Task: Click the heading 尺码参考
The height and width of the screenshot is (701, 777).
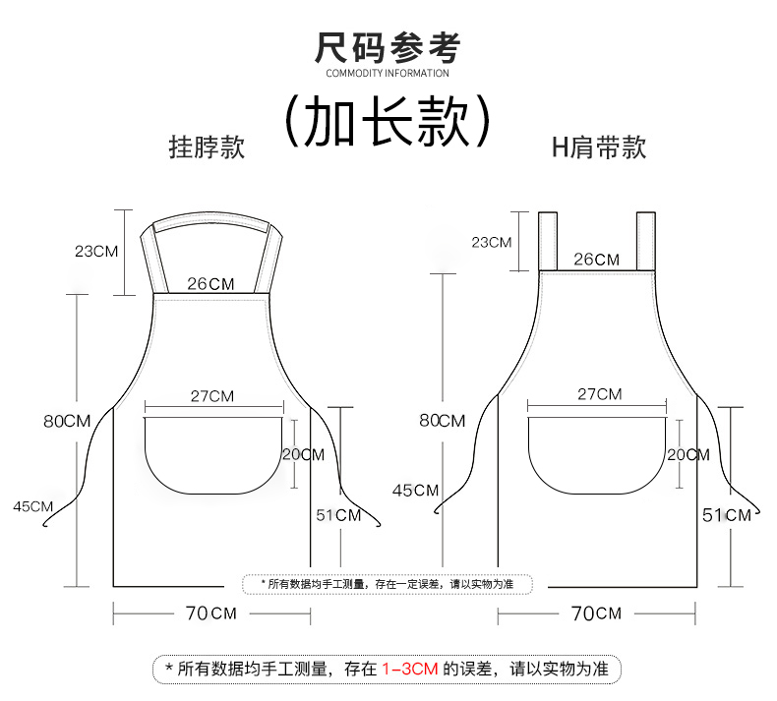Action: tap(387, 47)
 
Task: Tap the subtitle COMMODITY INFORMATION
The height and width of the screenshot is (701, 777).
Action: tap(387, 73)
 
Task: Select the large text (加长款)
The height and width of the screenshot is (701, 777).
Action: tap(387, 120)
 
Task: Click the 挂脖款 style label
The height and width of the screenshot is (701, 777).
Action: tap(207, 147)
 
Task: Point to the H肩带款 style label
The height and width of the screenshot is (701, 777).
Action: tap(598, 147)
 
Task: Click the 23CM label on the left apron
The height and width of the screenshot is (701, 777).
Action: tap(96, 251)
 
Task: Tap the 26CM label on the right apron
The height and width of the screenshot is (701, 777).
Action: tap(597, 260)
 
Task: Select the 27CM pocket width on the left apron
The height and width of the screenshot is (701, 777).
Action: tap(212, 396)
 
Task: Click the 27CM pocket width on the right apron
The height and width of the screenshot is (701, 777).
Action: tap(599, 394)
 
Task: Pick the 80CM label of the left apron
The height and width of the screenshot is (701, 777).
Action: tap(67, 421)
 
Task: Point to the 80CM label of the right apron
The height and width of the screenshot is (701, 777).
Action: tap(442, 421)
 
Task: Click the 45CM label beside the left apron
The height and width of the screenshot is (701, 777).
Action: tap(33, 506)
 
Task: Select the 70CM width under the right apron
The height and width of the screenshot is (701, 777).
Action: tap(596, 613)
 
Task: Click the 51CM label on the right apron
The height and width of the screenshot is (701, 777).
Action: tap(727, 514)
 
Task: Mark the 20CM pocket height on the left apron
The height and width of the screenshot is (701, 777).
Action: tap(303, 454)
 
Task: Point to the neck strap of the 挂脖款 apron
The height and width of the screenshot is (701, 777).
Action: tap(212, 223)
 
